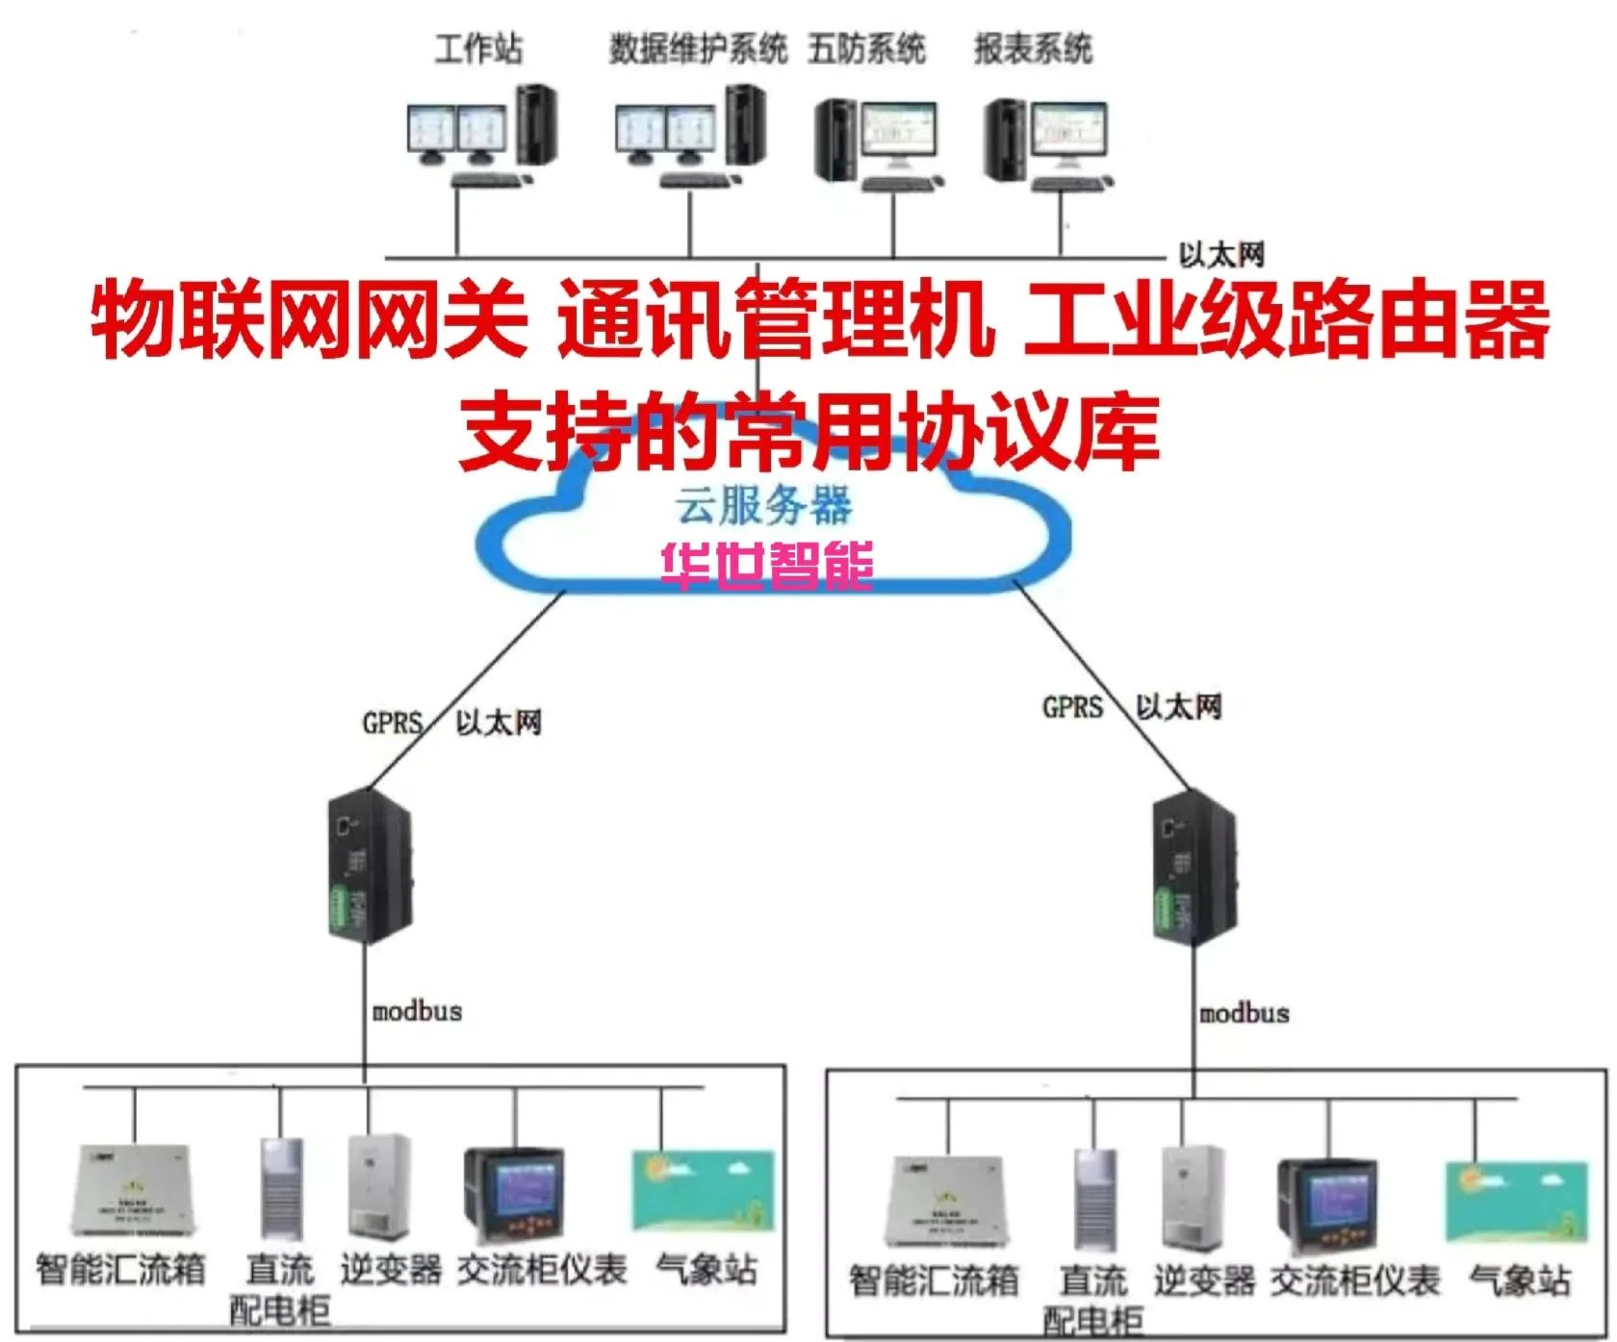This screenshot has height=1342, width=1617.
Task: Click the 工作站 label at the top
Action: (x=478, y=48)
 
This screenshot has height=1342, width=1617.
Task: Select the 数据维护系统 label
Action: (x=698, y=48)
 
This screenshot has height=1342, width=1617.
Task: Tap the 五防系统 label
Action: (x=866, y=48)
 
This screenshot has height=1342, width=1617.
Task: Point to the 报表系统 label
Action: (x=1033, y=48)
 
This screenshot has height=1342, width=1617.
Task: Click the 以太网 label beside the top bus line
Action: (x=1220, y=255)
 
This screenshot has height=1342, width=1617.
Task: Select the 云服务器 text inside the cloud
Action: (x=763, y=506)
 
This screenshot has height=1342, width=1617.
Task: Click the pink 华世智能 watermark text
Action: (x=767, y=565)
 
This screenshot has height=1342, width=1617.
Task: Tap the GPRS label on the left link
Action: (x=392, y=722)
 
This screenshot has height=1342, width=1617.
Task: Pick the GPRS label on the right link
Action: (x=1071, y=708)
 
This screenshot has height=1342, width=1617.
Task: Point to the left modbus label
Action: (x=417, y=1012)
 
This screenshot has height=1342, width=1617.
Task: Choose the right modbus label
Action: (x=1244, y=1014)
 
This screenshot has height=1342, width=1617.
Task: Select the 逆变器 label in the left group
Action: (x=391, y=1270)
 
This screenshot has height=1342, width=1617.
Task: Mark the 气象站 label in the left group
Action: (x=706, y=1270)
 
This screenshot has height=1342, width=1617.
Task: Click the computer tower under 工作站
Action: (x=536, y=125)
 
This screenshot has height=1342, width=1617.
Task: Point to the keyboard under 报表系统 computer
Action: (x=1072, y=183)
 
